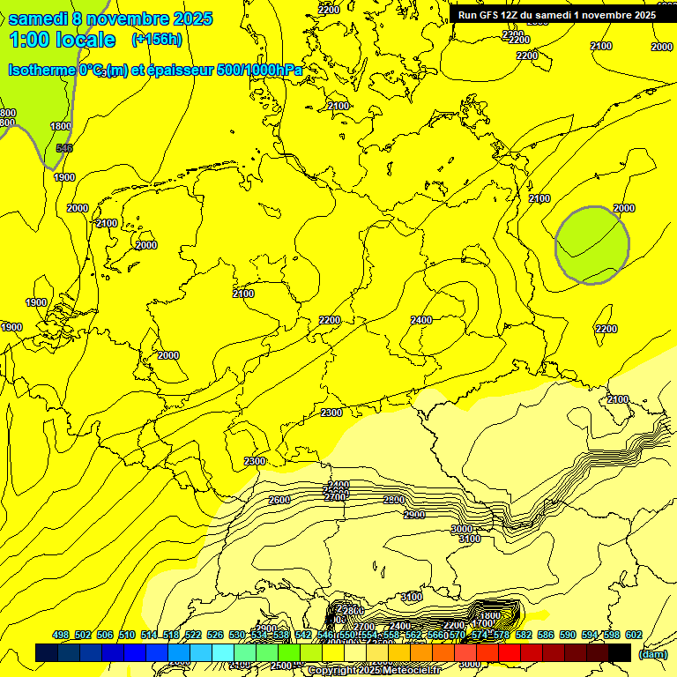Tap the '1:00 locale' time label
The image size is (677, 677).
pos(62,40)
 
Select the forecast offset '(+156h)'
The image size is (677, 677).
pos(157,40)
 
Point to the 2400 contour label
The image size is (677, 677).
pos(421,320)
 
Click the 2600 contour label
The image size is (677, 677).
pos(279,500)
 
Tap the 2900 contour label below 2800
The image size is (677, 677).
pos(413,515)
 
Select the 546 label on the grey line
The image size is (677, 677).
pos(63,148)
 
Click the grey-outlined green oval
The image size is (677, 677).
pos(591,245)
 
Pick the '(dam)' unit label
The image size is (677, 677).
pos(652,654)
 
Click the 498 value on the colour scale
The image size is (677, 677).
pos(60,635)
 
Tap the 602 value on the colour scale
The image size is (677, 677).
pos(634,635)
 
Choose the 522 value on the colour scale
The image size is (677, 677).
pos(192,635)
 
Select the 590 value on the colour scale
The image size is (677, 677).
pos(568,635)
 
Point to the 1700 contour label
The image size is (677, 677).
pos(482,624)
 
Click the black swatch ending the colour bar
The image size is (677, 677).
pos(620,652)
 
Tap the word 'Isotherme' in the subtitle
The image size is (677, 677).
pos(41,71)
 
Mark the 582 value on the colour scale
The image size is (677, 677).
pos(524,635)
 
